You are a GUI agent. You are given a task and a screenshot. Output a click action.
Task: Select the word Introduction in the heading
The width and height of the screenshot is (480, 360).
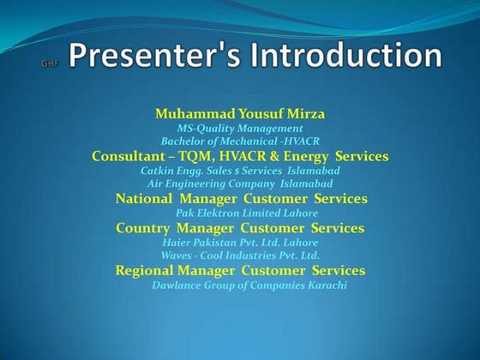click(x=346, y=56)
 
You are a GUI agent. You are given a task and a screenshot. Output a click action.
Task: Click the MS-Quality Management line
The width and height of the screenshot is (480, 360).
click(x=239, y=128)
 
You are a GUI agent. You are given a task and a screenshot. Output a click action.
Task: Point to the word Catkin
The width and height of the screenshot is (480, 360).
click(x=159, y=171)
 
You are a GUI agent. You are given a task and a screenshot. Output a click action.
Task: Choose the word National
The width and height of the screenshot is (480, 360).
click(x=144, y=199)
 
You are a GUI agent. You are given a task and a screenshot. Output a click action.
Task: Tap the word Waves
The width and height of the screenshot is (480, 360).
click(x=177, y=255)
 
